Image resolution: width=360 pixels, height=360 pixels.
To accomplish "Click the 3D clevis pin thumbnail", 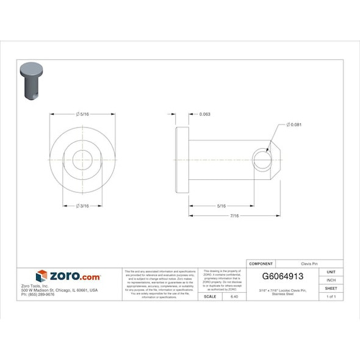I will point(32,79).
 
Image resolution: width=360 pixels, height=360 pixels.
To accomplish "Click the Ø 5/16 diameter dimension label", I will point(82,114).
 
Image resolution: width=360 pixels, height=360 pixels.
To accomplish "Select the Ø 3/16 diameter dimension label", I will point(82,206).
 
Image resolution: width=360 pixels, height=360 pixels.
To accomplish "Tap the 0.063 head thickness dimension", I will point(205,114).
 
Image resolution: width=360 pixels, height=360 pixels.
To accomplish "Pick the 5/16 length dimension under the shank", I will point(221,206).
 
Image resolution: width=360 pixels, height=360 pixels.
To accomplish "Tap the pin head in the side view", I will point(182,160).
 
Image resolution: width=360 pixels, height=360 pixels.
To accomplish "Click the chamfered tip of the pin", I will point(276,160).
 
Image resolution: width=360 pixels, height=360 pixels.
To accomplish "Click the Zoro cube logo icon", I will point(41,276).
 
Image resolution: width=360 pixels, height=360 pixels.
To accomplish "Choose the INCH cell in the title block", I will point(331,279).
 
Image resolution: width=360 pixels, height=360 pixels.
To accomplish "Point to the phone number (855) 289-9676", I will point(38,294).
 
